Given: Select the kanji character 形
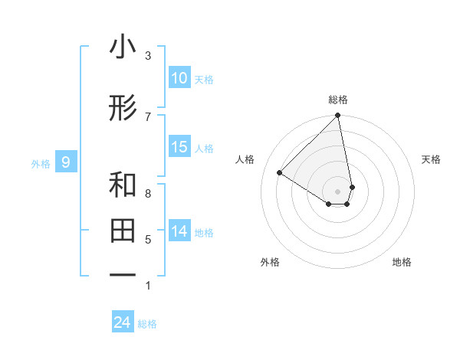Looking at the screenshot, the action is click(x=123, y=109).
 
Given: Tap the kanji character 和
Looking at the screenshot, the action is click(x=123, y=185).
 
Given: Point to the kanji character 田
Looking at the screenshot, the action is click(x=123, y=230).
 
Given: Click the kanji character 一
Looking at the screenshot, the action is click(x=123, y=273).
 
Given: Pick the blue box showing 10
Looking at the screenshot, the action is click(x=179, y=78).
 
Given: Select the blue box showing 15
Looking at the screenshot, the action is click(x=179, y=147).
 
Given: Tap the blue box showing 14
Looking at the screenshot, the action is click(x=179, y=231).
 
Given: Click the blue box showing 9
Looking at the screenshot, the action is click(x=66, y=162).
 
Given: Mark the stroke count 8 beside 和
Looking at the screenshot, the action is click(x=148, y=193).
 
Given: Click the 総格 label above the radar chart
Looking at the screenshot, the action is click(x=338, y=100).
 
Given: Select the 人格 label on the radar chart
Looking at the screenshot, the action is click(x=245, y=159).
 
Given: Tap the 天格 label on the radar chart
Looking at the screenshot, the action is click(x=431, y=159).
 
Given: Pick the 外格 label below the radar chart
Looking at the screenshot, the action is click(x=270, y=263).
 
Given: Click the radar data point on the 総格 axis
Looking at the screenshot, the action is click(x=338, y=116).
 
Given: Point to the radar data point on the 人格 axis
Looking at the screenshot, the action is click(x=280, y=173).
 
